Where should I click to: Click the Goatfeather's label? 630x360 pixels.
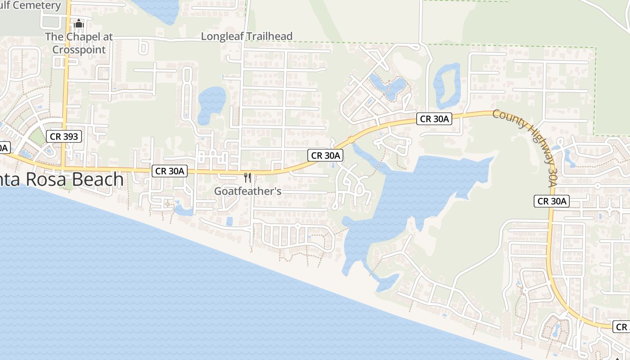point(247,191)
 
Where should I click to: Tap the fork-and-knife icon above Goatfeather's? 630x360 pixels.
point(247,177)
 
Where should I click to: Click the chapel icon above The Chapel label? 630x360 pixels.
point(79,23)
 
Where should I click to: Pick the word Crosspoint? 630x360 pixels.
point(79,49)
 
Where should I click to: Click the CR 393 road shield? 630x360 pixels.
point(64,136)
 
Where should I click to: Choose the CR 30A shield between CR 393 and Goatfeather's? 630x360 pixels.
point(170,171)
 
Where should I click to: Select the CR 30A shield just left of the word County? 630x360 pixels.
point(434,119)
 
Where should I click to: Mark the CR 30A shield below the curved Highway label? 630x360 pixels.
point(552,201)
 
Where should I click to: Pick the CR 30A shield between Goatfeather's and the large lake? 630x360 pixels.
point(326,155)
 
